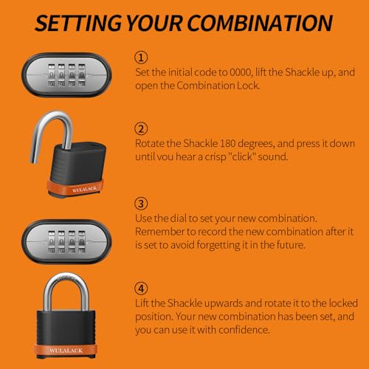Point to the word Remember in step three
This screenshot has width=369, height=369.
click(x=160, y=232)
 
